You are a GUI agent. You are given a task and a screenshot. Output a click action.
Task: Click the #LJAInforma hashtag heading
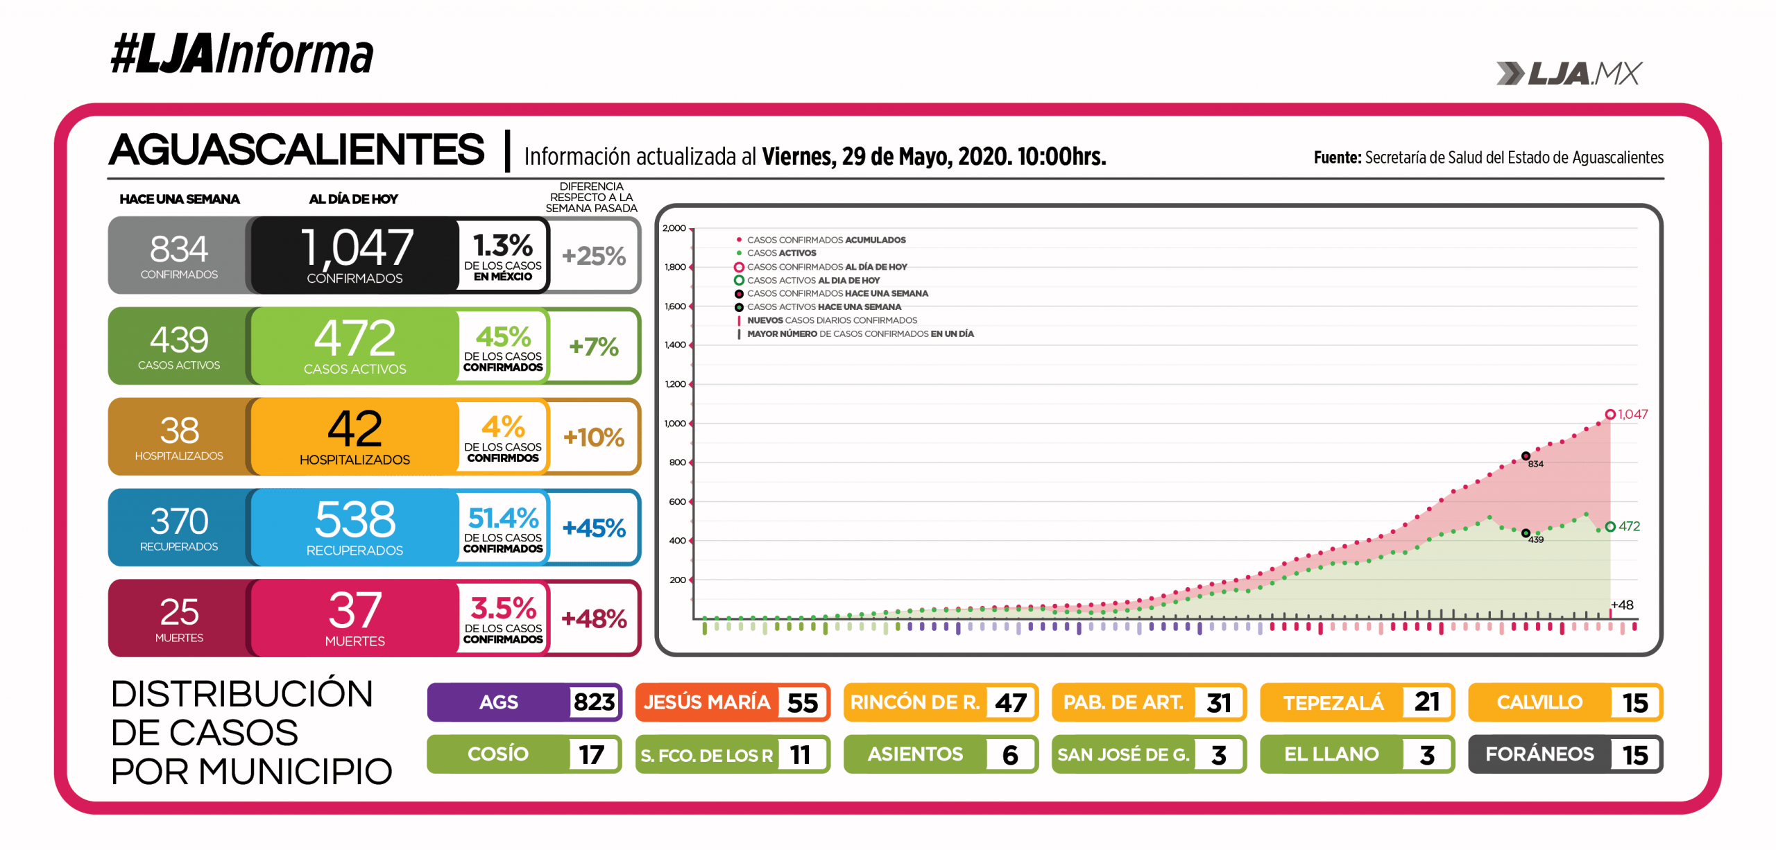(x=241, y=54)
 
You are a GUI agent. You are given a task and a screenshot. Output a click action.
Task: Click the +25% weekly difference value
(x=594, y=256)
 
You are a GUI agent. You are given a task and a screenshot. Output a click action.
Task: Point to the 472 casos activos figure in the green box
(x=355, y=338)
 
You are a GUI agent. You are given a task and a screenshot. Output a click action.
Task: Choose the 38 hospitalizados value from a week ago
(x=179, y=431)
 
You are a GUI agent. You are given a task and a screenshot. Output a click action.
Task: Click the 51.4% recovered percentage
(x=503, y=518)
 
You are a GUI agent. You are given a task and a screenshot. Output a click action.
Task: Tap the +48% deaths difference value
(x=594, y=618)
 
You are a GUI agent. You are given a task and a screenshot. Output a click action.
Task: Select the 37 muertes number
(x=355, y=610)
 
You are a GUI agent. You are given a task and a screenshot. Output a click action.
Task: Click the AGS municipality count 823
(x=594, y=702)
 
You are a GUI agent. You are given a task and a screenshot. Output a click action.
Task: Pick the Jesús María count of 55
(x=803, y=703)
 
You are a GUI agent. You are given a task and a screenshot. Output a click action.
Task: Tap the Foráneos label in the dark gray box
(x=1539, y=754)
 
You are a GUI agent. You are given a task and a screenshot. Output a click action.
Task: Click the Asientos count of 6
(x=1010, y=755)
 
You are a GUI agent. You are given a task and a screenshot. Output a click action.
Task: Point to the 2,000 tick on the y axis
(x=674, y=228)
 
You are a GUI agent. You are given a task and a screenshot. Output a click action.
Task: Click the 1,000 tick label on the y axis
(x=674, y=424)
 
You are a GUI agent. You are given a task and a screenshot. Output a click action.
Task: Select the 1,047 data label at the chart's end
(x=1632, y=415)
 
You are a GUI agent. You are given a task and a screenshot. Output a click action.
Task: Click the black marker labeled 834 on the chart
(x=1526, y=456)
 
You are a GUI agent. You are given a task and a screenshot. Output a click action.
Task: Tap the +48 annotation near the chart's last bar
(x=1622, y=605)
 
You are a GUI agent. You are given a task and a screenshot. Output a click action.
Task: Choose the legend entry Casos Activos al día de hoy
(x=813, y=281)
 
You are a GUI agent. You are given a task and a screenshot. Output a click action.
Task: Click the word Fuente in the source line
(x=1337, y=158)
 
